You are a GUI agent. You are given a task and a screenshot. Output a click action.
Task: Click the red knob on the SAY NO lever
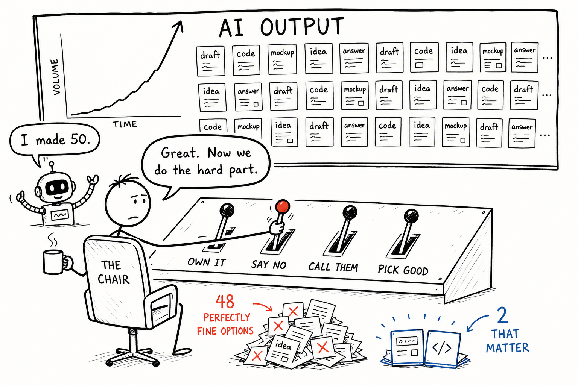click(x=283, y=206)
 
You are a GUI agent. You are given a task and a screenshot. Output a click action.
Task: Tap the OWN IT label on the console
click(x=207, y=262)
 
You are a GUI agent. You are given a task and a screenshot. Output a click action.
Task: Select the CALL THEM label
click(x=333, y=267)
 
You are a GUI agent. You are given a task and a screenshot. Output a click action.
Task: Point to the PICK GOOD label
click(x=403, y=270)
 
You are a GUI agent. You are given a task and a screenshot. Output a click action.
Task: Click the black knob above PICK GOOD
click(x=411, y=216)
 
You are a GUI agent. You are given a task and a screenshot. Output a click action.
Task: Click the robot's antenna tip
click(x=52, y=164)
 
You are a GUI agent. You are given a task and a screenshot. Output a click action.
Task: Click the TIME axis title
click(x=125, y=124)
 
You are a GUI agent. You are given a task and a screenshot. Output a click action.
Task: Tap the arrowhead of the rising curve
click(x=179, y=26)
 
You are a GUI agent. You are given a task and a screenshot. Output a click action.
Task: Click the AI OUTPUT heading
click(x=281, y=27)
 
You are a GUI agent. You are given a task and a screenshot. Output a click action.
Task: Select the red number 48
click(x=225, y=302)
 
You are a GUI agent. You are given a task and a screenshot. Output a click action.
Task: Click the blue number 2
click(x=502, y=315)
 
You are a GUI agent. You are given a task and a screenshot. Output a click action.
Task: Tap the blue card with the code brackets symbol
click(x=443, y=348)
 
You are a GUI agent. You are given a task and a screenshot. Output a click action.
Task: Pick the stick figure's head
click(x=127, y=204)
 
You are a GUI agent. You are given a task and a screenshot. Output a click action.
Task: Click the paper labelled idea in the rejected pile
click(x=283, y=349)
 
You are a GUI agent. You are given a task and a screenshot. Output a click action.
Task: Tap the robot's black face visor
click(x=57, y=188)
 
